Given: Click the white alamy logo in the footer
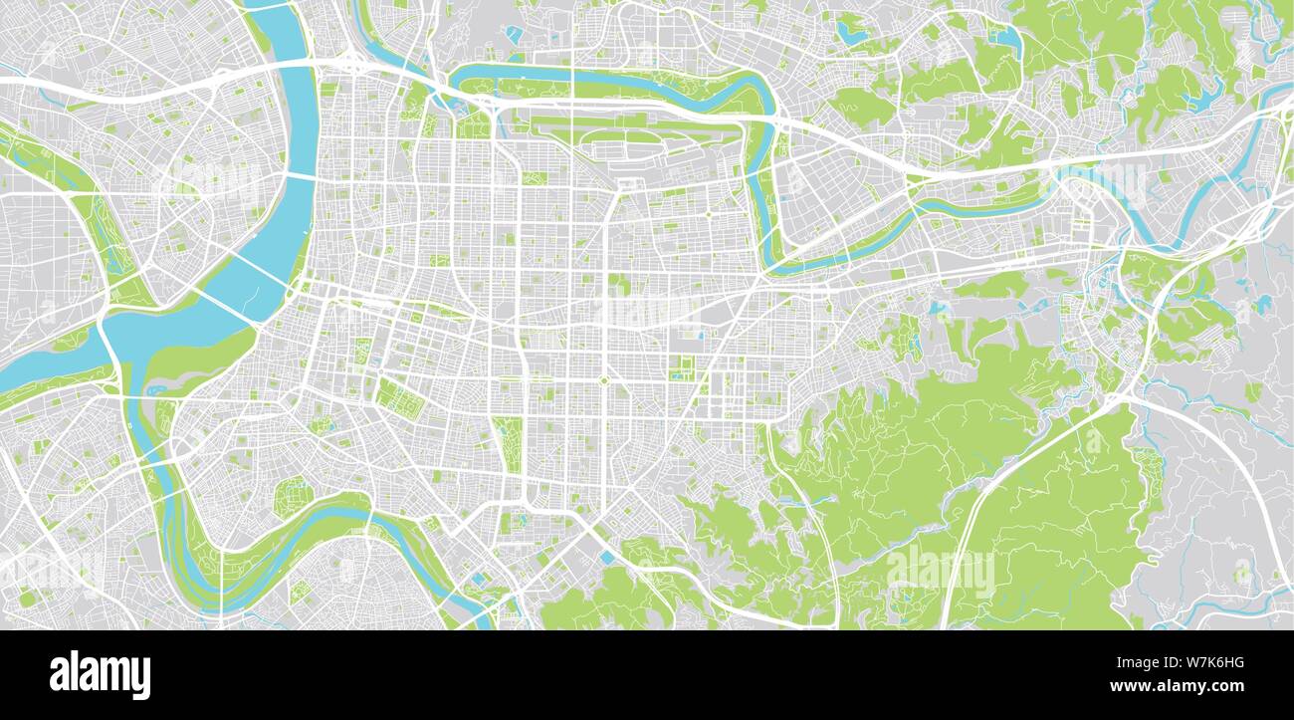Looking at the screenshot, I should tap(100, 674).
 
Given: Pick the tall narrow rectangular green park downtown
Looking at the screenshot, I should tap(508, 444).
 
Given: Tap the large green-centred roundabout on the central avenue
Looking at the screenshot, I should tap(603, 380).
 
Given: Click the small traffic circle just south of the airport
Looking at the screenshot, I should tap(708, 213).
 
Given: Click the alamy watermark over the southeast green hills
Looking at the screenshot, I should tap(940, 570).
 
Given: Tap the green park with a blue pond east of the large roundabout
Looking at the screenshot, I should tap(682, 369).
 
